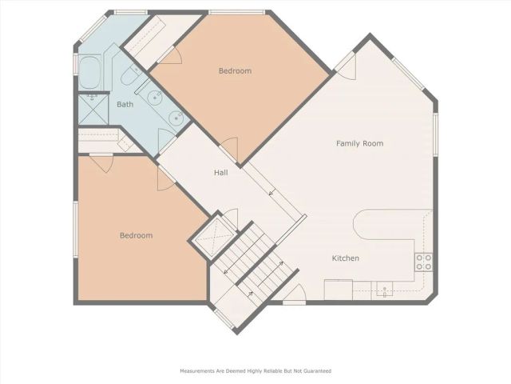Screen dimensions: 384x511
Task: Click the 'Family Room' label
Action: click(x=359, y=144)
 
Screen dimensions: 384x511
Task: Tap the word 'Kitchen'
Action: click(x=346, y=258)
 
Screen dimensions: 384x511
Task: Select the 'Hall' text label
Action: click(x=222, y=172)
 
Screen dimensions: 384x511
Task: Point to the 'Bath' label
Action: click(x=125, y=105)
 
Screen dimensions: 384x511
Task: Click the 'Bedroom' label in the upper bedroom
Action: click(x=235, y=71)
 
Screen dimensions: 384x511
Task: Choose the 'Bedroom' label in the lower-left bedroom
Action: click(x=136, y=235)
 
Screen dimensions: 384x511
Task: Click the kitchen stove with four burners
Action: click(x=424, y=262)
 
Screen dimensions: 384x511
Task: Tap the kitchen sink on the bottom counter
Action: click(x=385, y=290)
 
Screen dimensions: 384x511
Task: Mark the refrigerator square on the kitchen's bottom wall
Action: click(x=333, y=289)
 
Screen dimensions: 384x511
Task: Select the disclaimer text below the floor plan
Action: click(x=255, y=371)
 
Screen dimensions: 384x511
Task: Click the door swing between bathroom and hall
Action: click(x=165, y=139)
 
